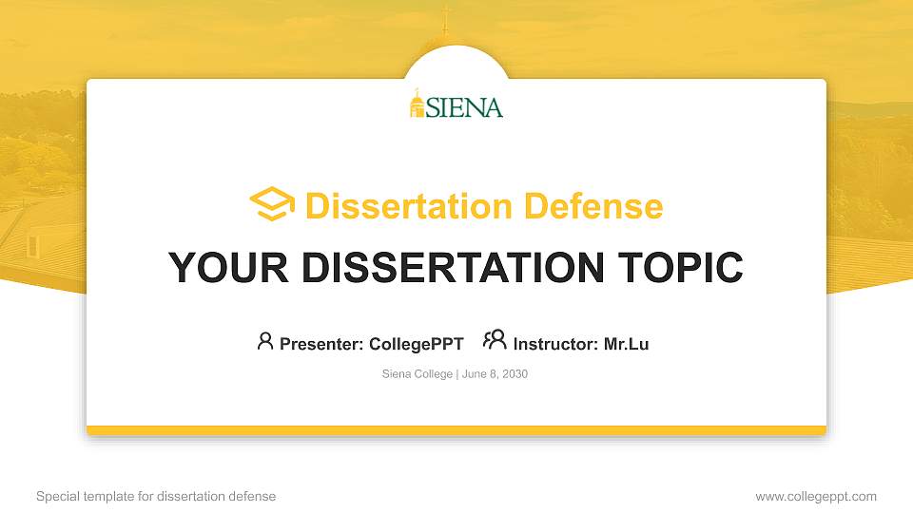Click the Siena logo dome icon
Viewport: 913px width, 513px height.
point(417,104)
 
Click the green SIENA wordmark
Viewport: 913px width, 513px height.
point(464,107)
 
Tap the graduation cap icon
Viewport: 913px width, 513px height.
point(272,204)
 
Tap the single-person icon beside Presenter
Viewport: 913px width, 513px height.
point(265,341)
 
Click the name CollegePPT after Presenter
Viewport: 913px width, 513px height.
point(416,344)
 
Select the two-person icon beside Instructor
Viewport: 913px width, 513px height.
point(495,340)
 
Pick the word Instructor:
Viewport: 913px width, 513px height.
point(555,344)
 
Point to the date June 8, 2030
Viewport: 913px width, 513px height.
point(495,374)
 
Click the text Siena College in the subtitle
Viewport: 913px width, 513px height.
point(418,374)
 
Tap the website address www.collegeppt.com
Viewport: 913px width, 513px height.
point(816,497)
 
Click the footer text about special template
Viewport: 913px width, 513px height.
point(156,497)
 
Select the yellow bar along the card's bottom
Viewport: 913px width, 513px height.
point(456,430)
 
